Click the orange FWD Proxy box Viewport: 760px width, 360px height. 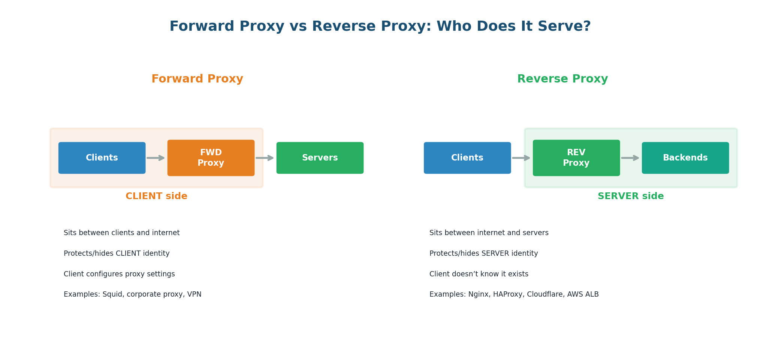[211, 158]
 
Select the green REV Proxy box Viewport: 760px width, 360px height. [576, 158]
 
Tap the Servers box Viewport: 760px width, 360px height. [320, 158]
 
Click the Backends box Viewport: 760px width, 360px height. [685, 158]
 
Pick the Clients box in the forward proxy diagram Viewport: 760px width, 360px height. [102, 158]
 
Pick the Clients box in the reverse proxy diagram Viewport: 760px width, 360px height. [467, 158]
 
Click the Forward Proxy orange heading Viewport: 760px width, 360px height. [197, 79]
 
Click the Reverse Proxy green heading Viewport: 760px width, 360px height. [562, 79]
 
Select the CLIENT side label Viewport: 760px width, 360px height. [156, 196]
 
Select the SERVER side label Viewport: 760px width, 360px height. [630, 196]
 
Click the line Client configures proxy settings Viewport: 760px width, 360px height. [119, 274]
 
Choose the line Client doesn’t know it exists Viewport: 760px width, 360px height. [479, 274]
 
